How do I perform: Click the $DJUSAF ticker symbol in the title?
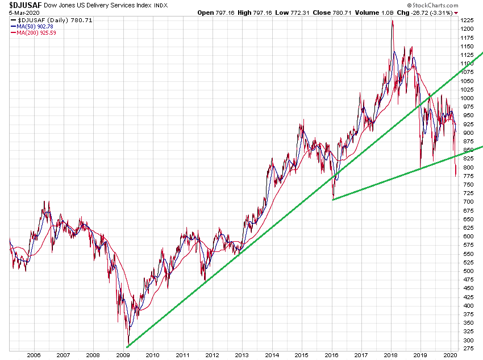[x=25, y=5]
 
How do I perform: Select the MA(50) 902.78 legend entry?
[x=38, y=26]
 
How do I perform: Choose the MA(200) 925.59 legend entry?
[x=38, y=33]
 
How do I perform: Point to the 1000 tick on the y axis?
[x=467, y=98]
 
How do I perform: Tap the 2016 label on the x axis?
[x=331, y=355]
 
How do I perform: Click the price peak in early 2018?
[x=392, y=22]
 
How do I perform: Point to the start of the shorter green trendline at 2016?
[x=333, y=199]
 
